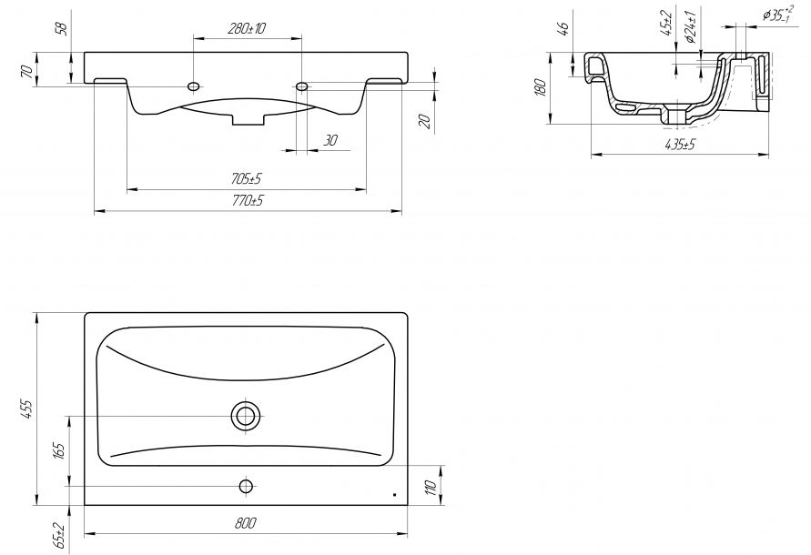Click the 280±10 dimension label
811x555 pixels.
tap(247, 28)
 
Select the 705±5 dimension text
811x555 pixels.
tap(247, 179)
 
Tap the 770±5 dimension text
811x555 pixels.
tap(248, 200)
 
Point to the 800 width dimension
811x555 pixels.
tap(245, 523)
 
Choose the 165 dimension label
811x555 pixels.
tap(58, 451)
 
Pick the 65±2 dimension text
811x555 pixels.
tap(60, 536)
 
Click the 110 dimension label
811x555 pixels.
tap(431, 486)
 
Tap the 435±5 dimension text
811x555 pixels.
tap(680, 145)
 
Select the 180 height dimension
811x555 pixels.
tap(541, 87)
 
